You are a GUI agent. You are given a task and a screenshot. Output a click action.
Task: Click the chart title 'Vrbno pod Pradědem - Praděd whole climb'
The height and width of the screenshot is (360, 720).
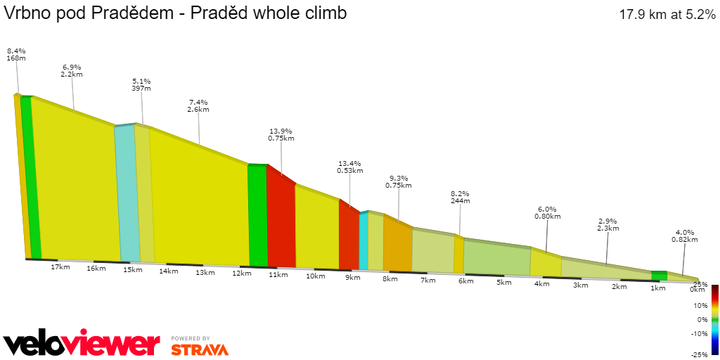coord(175,13)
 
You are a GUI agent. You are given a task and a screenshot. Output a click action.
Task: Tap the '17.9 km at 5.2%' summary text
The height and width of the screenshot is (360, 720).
coord(667,14)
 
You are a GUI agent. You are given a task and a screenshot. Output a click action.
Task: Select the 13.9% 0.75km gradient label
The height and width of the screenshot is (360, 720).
coord(281,135)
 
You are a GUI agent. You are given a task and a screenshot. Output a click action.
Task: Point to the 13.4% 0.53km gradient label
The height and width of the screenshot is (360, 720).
coord(349,167)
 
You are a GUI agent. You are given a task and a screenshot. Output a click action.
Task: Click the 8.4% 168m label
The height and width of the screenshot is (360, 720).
coord(16,54)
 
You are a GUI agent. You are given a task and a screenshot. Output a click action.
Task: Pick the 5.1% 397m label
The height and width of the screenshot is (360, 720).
coord(141,84)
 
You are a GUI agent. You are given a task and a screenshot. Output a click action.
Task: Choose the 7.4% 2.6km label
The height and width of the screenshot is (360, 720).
coord(198,106)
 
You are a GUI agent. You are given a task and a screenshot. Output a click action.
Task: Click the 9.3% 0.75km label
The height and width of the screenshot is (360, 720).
coord(398,182)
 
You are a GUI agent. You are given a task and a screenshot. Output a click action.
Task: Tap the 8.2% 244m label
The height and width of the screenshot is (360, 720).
coord(460,198)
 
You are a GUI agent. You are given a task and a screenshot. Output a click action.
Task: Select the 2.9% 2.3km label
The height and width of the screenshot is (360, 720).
coord(607,224)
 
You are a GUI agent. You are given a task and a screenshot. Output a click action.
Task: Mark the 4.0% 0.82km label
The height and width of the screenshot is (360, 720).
coord(684,236)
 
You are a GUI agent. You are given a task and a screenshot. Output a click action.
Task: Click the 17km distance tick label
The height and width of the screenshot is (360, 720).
coord(60,266)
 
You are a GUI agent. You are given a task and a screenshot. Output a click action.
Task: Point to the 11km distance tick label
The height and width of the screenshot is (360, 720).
coord(278,274)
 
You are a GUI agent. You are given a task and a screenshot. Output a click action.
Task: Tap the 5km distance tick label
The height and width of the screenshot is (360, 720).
coord(503,283)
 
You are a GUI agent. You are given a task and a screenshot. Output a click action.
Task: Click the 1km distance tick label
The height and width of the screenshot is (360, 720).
coord(657,288)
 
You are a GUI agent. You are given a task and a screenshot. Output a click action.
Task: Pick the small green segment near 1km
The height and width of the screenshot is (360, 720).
coord(659,276)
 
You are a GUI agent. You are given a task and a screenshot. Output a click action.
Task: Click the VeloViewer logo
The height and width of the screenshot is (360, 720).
coord(82,344)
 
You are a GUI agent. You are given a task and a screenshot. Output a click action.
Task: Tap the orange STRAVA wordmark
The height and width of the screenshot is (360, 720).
coord(200,349)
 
